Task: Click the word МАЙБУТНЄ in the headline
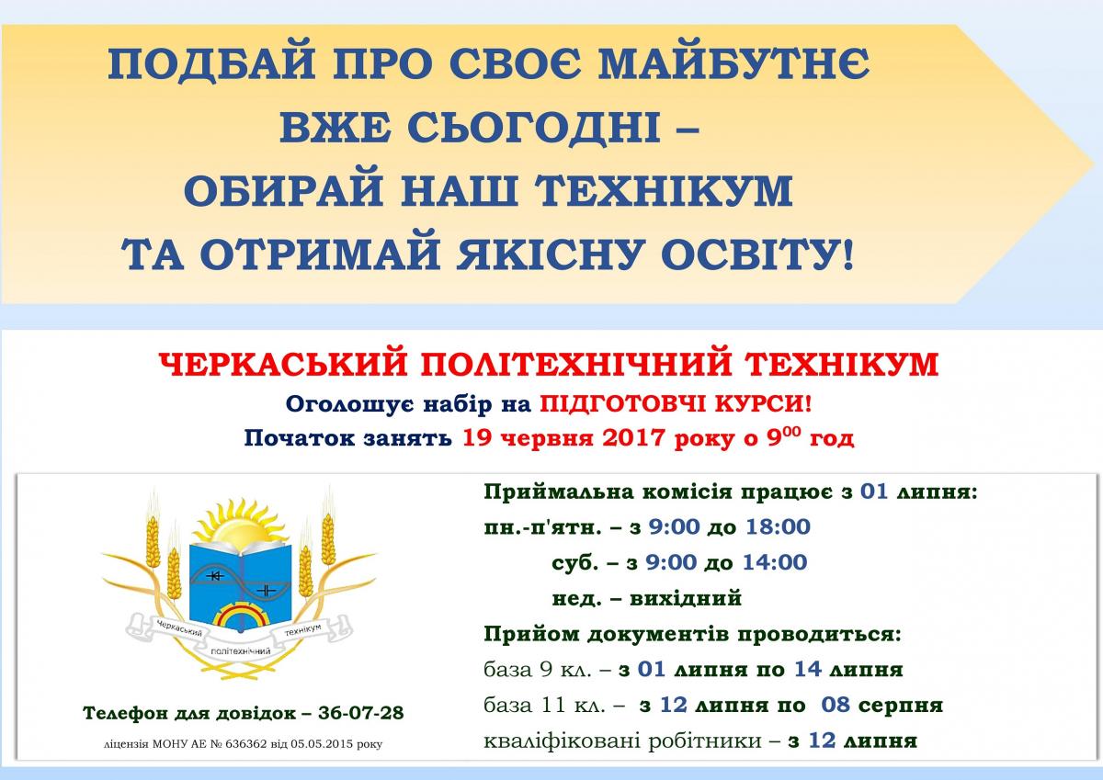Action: pos(733,63)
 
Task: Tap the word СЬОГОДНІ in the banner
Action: pos(533,127)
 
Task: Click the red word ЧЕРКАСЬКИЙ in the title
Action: pos(283,364)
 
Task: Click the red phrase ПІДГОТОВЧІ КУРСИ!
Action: pos(676,404)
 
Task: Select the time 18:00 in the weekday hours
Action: pos(778,526)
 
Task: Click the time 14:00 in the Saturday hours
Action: pos(775,562)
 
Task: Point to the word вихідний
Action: pos(686,598)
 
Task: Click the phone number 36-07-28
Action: pos(361,713)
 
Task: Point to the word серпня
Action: pos(901,706)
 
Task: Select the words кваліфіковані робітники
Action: pos(622,741)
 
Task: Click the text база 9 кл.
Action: pos(537,670)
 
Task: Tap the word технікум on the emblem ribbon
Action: pos(302,630)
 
